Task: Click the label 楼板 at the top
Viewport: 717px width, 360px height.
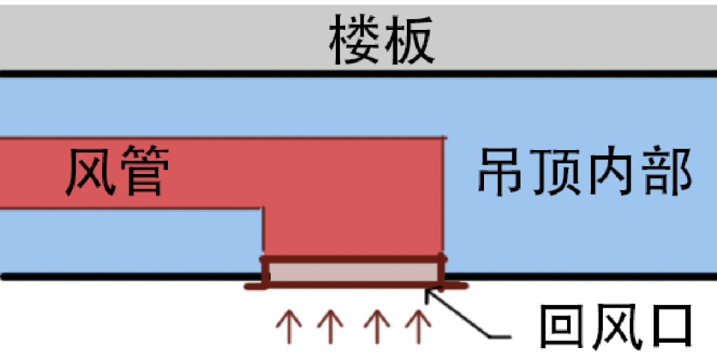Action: tap(382, 41)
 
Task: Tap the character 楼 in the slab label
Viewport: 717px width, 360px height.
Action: tap(356, 41)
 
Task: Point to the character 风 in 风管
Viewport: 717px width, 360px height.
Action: tap(89, 172)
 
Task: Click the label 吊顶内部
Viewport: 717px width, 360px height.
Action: tap(585, 171)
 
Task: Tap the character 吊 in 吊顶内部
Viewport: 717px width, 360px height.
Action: tap(503, 171)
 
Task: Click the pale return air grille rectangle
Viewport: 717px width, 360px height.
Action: tap(353, 272)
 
